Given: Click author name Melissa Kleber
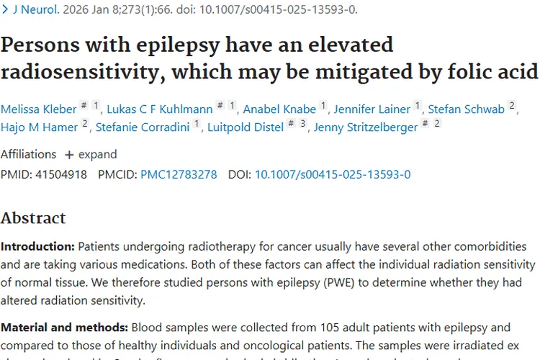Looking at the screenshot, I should tap(38, 109).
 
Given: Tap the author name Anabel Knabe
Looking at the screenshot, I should tap(279, 109).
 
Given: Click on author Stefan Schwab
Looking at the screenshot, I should tap(466, 109).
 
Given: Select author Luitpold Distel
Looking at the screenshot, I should tap(246, 127).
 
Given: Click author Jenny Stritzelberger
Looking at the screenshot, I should tap(366, 127).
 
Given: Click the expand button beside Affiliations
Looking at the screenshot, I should tap(91, 155).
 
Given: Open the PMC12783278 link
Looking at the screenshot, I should tap(179, 174).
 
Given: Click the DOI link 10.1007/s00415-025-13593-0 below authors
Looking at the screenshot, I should tap(333, 174).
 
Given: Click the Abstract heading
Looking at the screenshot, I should tap(33, 218).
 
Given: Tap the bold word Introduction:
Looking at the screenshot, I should tap(37, 247).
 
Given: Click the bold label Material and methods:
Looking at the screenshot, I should tap(64, 328).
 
